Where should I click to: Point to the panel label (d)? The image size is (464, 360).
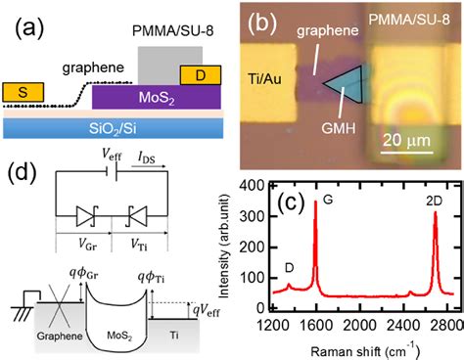point(20,177)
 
